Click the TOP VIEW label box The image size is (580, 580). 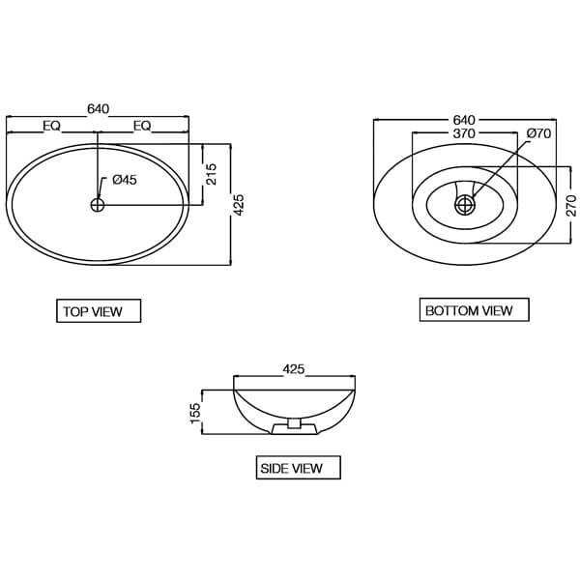(99, 311)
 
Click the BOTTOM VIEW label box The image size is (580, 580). (475, 310)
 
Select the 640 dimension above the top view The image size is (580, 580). (98, 109)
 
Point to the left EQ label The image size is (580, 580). (52, 125)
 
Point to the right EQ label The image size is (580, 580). (142, 125)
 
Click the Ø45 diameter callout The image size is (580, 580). (125, 180)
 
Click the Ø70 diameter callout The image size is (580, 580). (538, 134)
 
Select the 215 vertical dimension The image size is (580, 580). (212, 174)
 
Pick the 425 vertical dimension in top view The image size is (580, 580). (240, 204)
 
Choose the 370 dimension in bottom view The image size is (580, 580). (463, 134)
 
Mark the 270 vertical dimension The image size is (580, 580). (570, 205)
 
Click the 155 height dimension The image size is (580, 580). (194, 413)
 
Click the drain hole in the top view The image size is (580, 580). (97, 204)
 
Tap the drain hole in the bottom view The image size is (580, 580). (465, 204)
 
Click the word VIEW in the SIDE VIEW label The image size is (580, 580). (306, 469)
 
